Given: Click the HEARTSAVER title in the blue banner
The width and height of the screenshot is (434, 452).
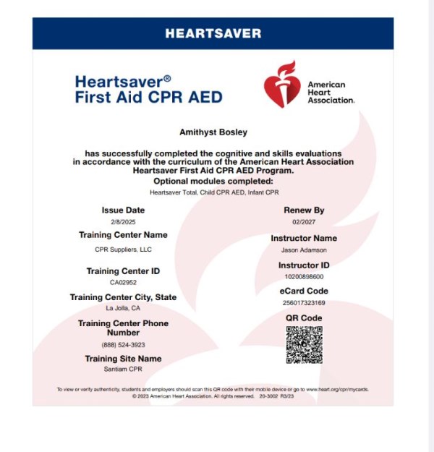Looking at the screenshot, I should pos(213,33).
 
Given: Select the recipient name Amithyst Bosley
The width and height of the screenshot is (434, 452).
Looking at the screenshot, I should pos(213,133).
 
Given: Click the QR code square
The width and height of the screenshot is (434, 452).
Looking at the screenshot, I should pos(304,345).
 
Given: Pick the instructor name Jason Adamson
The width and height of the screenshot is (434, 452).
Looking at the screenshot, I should pos(304,250).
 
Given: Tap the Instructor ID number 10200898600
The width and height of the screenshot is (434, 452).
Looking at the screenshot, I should pos(304,277).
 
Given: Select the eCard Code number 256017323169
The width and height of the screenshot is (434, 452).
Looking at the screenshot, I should pos(304,303).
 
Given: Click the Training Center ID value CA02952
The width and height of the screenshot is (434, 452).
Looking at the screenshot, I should pos(123,283).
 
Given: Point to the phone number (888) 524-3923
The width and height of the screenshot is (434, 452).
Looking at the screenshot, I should pos(123,345).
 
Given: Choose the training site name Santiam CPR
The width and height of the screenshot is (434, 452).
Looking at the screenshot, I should pos(123,370).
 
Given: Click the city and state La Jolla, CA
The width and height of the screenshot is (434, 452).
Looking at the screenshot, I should pos(123,308).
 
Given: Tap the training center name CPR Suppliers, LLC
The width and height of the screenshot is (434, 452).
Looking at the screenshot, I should pos(123,250).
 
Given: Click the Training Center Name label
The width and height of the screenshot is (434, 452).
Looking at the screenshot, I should pos(123,235).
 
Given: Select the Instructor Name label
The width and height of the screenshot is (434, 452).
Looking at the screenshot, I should pos(304,238).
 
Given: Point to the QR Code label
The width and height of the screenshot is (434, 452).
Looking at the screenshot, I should pos(304,318).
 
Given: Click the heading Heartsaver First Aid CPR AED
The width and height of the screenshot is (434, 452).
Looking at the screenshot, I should pos(148,90).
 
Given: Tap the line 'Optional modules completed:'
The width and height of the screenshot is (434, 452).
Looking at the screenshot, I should pos(213,181).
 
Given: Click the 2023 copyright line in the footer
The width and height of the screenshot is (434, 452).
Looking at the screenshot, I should pos(213,396).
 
